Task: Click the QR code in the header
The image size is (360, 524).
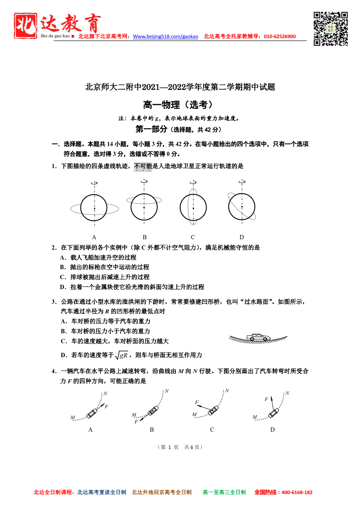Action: pyautogui.click(x=331, y=29)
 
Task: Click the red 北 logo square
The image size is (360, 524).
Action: pyautogui.click(x=26, y=26)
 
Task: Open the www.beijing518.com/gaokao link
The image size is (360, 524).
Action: pyautogui.click(x=165, y=36)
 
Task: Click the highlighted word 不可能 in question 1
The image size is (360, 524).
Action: pyautogui.click(x=143, y=166)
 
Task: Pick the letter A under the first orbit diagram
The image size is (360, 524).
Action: pyautogui.click(x=94, y=237)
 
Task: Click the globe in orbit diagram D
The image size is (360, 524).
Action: pyautogui.click(x=242, y=207)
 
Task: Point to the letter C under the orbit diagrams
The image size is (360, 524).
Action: pyautogui.click(x=193, y=237)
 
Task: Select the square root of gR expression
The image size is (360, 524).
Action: pyautogui.click(x=121, y=355)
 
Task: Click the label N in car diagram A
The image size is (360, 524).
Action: pyautogui.click(x=105, y=394)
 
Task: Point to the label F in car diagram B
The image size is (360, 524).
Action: pyautogui.click(x=136, y=422)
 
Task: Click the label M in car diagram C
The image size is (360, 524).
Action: pyautogui.click(x=195, y=414)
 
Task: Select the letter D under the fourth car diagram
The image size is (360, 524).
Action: pyautogui.click(x=272, y=430)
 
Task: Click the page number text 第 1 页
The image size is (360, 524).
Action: pyautogui.click(x=169, y=447)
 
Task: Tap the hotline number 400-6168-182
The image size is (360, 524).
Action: pyautogui.click(x=297, y=492)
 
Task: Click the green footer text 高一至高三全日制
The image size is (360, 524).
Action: pyautogui.click(x=224, y=492)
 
